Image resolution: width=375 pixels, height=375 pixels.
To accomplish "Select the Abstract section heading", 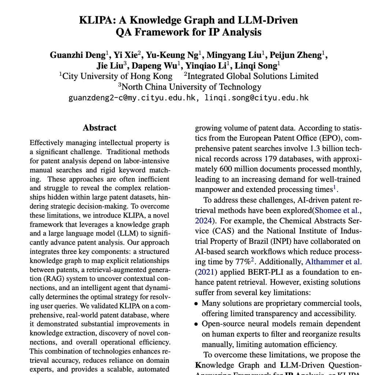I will click(99, 127).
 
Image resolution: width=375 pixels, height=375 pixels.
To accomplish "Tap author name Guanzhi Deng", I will click(77, 55).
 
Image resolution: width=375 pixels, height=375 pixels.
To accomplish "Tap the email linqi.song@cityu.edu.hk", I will click(256, 98).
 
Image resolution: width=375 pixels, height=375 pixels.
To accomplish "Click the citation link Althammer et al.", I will click(334, 261).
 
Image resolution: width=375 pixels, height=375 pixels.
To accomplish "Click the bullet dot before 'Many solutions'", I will click(197, 304).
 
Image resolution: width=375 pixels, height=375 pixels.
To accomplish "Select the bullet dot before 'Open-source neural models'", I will click(197, 324).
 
